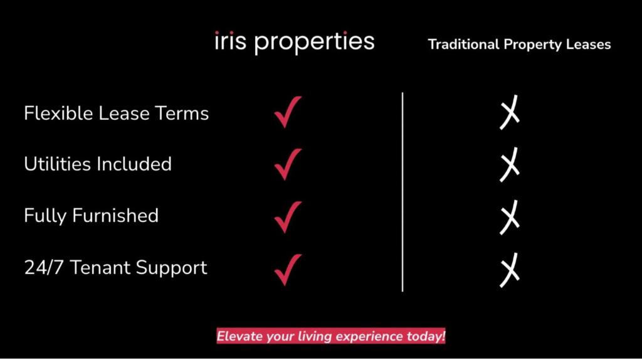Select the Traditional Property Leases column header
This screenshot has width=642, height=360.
pos(519,45)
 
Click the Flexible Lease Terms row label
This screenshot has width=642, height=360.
pos(116,114)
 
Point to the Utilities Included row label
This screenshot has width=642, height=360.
pos(97,164)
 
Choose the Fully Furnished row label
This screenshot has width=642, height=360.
pos(91,216)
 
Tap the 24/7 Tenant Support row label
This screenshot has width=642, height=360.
pos(115,268)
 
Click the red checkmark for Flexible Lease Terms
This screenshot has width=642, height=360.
pos(288,112)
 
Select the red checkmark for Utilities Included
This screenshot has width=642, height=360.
pos(288,164)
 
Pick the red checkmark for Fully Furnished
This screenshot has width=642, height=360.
pos(288,216)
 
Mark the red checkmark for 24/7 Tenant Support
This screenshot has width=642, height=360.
pos(288,268)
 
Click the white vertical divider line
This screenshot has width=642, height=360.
pos(403,191)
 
